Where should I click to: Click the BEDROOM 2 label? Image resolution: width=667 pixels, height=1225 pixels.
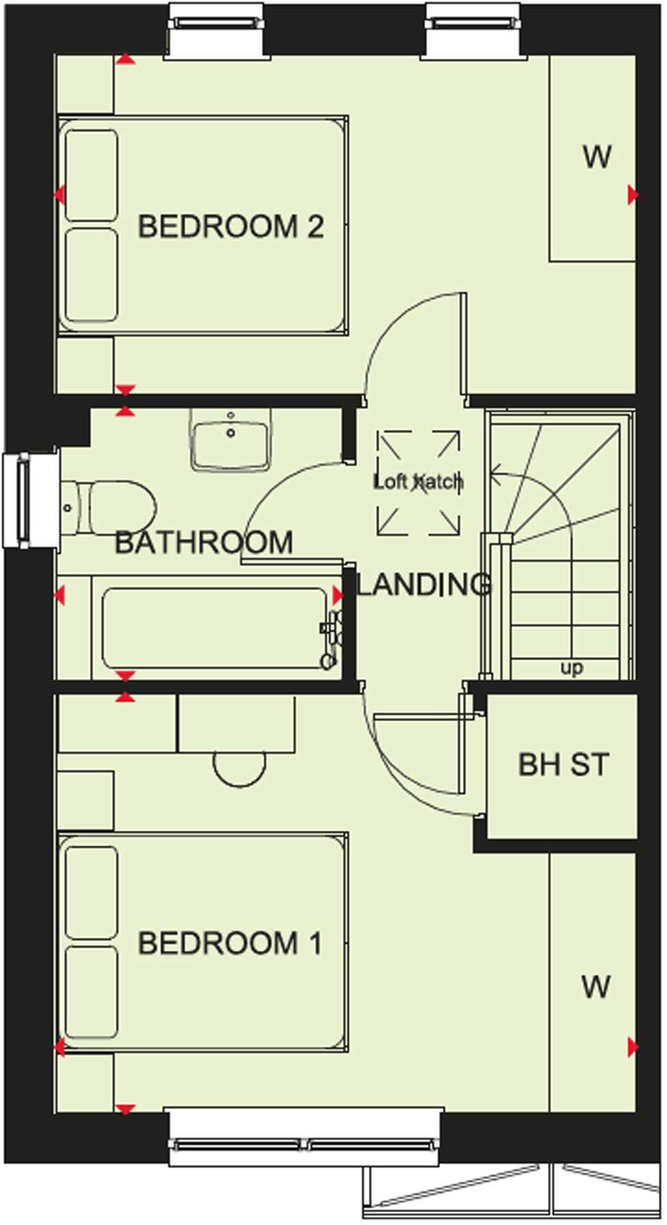coord(230,227)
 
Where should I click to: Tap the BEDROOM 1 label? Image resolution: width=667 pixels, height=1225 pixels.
coord(230,943)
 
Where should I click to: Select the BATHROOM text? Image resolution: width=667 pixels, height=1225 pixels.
coord(204,543)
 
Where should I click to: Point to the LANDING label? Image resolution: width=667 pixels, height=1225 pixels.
coord(424,584)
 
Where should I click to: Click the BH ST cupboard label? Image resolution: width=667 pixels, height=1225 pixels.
coord(563,765)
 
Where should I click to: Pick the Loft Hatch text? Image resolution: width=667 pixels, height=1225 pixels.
coord(418,482)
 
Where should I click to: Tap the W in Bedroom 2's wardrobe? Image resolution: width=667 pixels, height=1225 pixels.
coord(597,157)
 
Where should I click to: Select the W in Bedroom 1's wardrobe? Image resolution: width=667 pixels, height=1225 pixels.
coord(595,987)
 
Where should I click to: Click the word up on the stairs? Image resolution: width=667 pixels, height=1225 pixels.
coord(571,668)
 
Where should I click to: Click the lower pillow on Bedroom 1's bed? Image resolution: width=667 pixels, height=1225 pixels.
coord(92,991)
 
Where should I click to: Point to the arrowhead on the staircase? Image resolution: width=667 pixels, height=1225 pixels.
coord(497,472)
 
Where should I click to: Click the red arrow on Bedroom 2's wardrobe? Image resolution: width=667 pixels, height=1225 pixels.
coord(633,196)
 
